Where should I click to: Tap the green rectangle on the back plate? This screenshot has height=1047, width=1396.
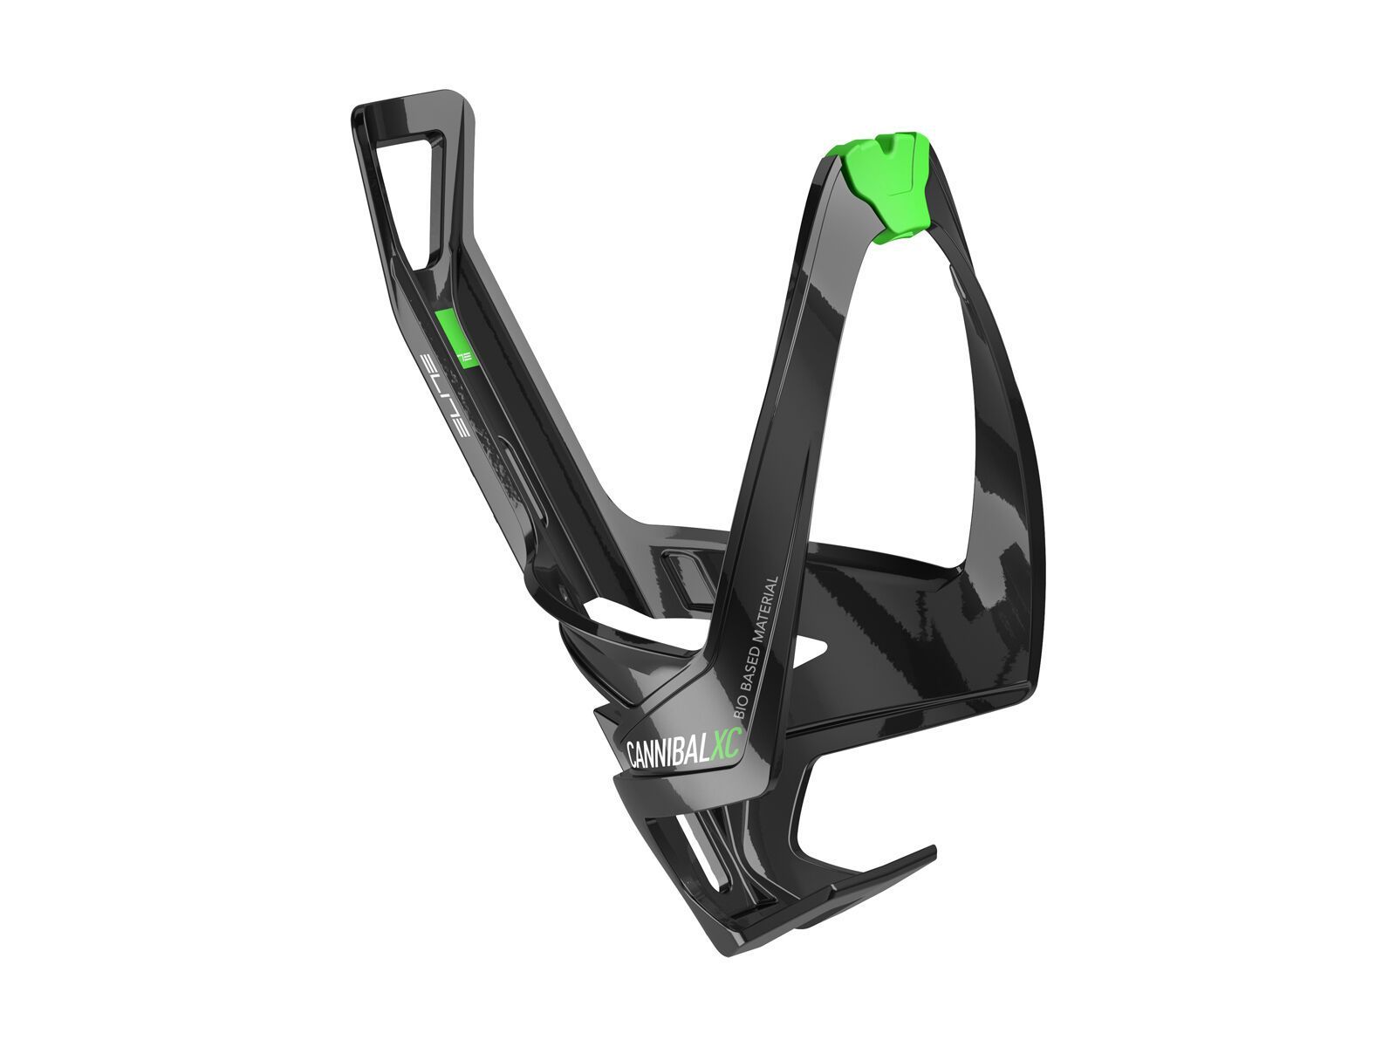point(454,339)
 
